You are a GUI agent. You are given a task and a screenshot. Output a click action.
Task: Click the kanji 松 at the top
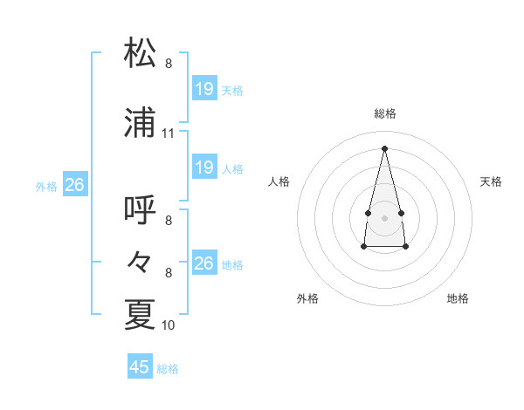[x=141, y=53]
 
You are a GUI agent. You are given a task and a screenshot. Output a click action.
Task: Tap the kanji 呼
[x=141, y=210]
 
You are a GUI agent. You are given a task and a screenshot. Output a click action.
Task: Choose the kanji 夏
[x=141, y=314]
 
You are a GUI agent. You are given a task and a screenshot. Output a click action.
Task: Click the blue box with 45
[x=140, y=367]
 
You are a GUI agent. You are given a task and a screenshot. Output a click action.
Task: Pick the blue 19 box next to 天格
[x=203, y=89]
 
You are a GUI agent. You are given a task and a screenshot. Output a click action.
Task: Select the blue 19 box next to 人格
[x=203, y=167]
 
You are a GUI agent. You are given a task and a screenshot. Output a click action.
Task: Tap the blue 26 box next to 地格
[x=203, y=263]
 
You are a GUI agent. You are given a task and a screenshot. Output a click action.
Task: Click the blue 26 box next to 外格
[x=74, y=185]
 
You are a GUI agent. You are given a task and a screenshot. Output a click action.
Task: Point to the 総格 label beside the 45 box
[x=168, y=369]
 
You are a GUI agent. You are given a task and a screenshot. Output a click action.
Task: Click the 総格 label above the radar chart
[x=385, y=113]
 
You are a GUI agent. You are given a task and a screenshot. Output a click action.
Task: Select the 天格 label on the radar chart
[x=492, y=181]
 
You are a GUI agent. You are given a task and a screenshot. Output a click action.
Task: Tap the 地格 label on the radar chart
[x=458, y=298]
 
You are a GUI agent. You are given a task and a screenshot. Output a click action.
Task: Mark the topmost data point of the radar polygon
[x=385, y=147]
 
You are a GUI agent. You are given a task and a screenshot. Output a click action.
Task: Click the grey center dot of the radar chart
[x=385, y=217]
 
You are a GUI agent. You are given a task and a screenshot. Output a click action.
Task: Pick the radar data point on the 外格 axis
[x=363, y=247]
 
